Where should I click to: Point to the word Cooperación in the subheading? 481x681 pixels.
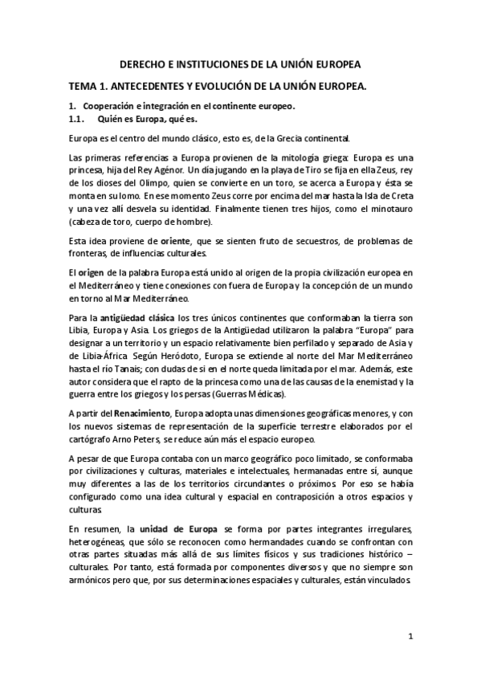[109, 106]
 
